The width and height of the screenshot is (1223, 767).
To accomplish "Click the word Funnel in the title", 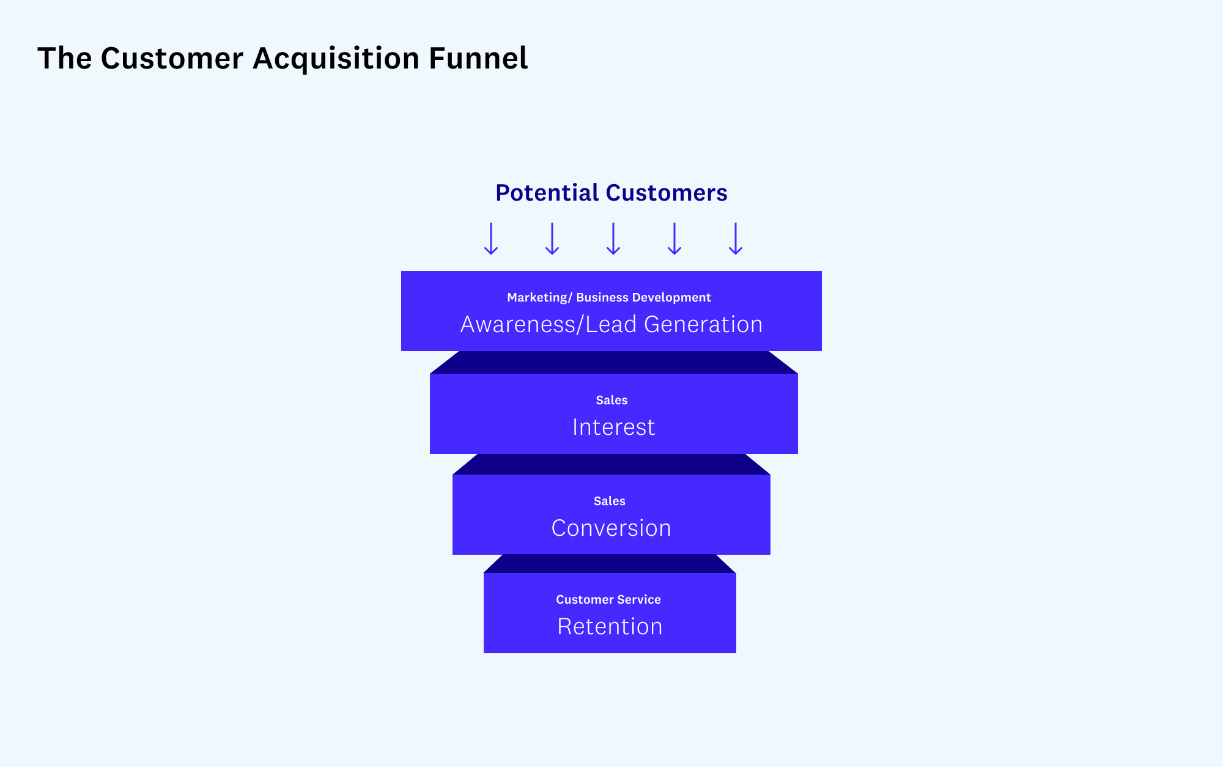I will point(478,59).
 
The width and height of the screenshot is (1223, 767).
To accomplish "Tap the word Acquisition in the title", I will point(336,59).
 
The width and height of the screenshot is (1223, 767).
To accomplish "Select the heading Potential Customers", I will point(611,193).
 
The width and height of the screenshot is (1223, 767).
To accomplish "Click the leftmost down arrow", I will point(491,239).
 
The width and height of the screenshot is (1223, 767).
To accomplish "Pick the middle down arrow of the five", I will point(613,239).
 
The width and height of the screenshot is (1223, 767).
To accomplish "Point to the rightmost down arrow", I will point(736,239).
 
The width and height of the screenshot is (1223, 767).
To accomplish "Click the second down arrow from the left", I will point(552,239).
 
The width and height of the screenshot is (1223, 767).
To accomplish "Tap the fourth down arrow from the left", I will point(674,239).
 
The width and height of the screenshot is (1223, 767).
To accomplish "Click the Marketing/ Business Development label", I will point(608,297).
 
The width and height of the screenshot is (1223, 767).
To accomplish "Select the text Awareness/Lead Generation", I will point(611,324).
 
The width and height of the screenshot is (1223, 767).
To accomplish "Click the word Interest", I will point(613,427).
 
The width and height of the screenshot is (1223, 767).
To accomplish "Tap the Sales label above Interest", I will point(611,400).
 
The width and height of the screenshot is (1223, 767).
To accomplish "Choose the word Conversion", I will point(611,528).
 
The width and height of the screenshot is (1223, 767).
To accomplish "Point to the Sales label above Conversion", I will point(609,501).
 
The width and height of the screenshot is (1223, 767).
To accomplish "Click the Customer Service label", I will point(608,599).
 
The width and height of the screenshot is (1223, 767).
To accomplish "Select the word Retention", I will point(610,626).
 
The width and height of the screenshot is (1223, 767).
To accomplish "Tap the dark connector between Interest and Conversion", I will point(611,464).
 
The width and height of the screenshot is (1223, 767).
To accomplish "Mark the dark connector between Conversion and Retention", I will point(610,564).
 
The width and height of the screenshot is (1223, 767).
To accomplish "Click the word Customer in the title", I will point(172,59).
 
